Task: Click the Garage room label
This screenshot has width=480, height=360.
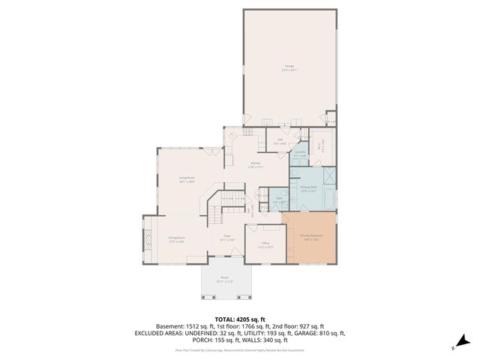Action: tap(289, 68)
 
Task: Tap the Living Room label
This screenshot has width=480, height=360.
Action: tap(187, 179)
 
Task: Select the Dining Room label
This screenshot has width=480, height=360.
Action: tap(177, 240)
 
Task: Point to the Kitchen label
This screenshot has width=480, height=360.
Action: tap(256, 165)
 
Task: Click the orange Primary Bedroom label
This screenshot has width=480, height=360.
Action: tap(310, 238)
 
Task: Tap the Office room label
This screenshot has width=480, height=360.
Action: tap(265, 244)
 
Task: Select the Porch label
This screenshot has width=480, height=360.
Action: tap(225, 280)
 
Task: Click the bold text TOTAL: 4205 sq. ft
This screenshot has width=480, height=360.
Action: tap(239, 319)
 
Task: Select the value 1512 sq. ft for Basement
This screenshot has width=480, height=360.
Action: tap(203, 326)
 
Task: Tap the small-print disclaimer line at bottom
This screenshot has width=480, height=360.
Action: tap(239, 349)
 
